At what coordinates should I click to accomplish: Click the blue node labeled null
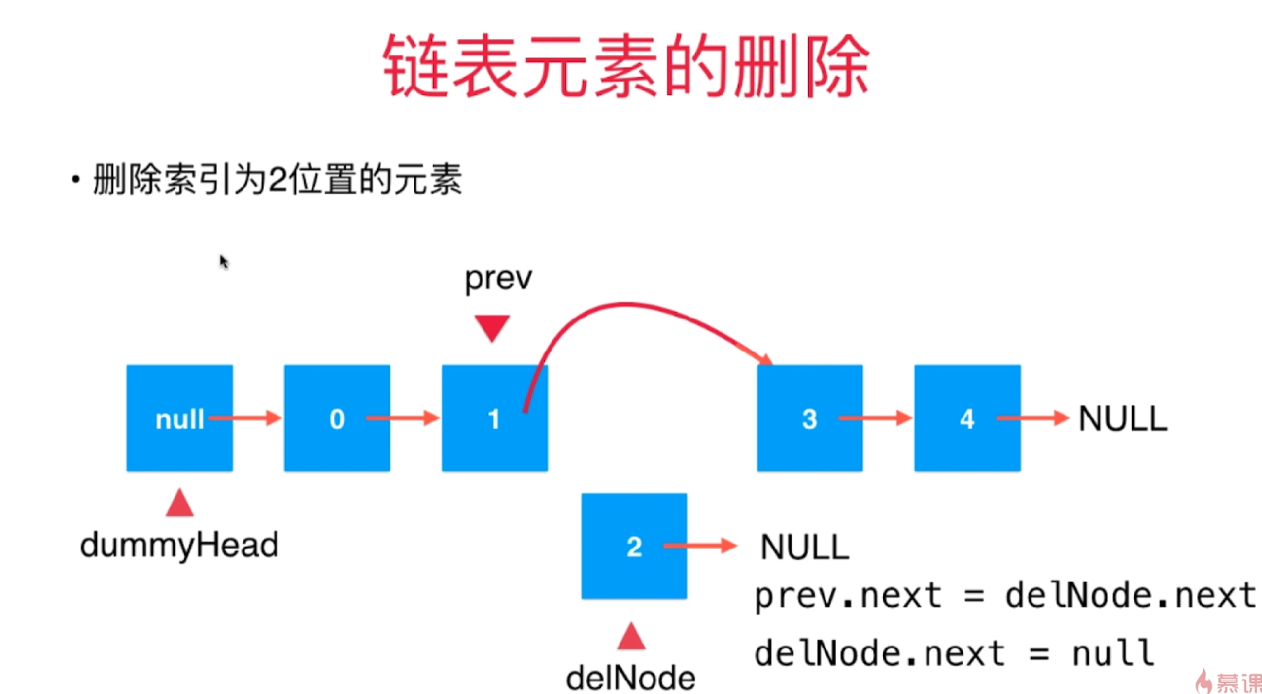179,418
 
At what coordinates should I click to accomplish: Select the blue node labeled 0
337,418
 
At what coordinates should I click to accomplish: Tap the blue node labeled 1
494,418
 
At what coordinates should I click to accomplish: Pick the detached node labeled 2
634,546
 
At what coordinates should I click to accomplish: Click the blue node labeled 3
810,418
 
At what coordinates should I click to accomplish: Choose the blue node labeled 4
967,418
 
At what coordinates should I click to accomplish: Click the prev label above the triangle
498,279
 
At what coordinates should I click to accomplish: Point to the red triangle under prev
492,327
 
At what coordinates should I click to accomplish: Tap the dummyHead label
179,545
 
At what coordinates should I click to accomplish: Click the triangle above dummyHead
179,504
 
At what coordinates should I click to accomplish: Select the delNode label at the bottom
630,678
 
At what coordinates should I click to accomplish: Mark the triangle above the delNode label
632,636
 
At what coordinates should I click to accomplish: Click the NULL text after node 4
1122,418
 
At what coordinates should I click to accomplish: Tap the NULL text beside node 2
804,547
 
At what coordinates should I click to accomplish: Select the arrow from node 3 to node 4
875,418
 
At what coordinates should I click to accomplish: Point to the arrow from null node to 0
245,418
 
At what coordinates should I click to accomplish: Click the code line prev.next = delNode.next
1005,596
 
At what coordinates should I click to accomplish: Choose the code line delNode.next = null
954,654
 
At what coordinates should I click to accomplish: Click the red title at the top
627,66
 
